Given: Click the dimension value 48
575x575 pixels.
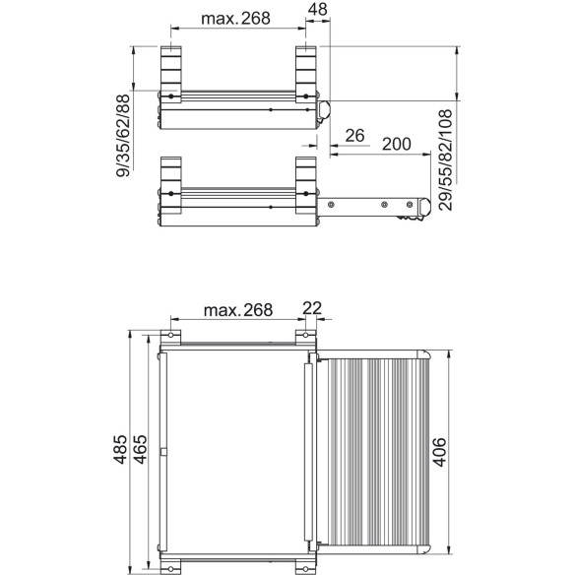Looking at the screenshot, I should coord(317,11).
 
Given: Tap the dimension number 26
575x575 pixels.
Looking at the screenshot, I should coord(355,135).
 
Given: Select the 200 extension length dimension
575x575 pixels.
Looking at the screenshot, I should coord(395,144).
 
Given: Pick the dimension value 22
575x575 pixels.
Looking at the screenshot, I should coord(312,309).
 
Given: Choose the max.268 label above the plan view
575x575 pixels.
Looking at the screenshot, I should coord(236,310).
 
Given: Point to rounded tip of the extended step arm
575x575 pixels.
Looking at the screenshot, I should coord(423,208).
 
